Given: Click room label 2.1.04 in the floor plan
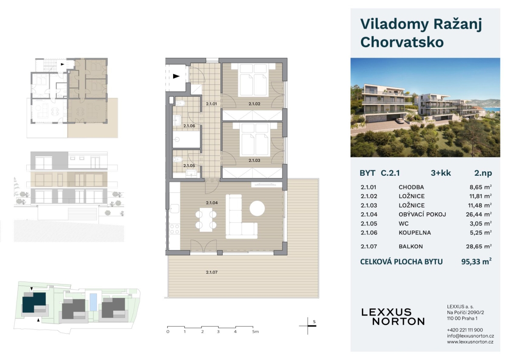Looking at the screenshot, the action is pyautogui.click(x=212, y=202).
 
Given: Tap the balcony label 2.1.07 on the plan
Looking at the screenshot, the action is pyautogui.click(x=212, y=272).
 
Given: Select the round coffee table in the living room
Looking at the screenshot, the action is pyautogui.click(x=257, y=208).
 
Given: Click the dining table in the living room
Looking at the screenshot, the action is pyautogui.click(x=206, y=220).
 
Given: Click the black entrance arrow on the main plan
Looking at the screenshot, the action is pyautogui.click(x=176, y=76).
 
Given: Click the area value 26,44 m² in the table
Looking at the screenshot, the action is pyautogui.click(x=479, y=214).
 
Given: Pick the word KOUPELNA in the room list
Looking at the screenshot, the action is pyautogui.click(x=414, y=233).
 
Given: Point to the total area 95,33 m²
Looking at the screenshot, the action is pyautogui.click(x=476, y=262).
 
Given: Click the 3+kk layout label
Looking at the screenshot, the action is pyautogui.click(x=441, y=173).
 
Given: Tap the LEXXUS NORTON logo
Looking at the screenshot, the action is pyautogui.click(x=393, y=317).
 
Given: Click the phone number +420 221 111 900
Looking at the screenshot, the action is pyautogui.click(x=465, y=330).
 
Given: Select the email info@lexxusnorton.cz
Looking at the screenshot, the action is pyautogui.click(x=470, y=336).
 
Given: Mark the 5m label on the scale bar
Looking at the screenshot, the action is pyautogui.click(x=255, y=332).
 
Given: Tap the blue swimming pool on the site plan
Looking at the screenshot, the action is pyautogui.click(x=93, y=302).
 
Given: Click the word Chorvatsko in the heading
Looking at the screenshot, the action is pyautogui.click(x=402, y=42).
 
